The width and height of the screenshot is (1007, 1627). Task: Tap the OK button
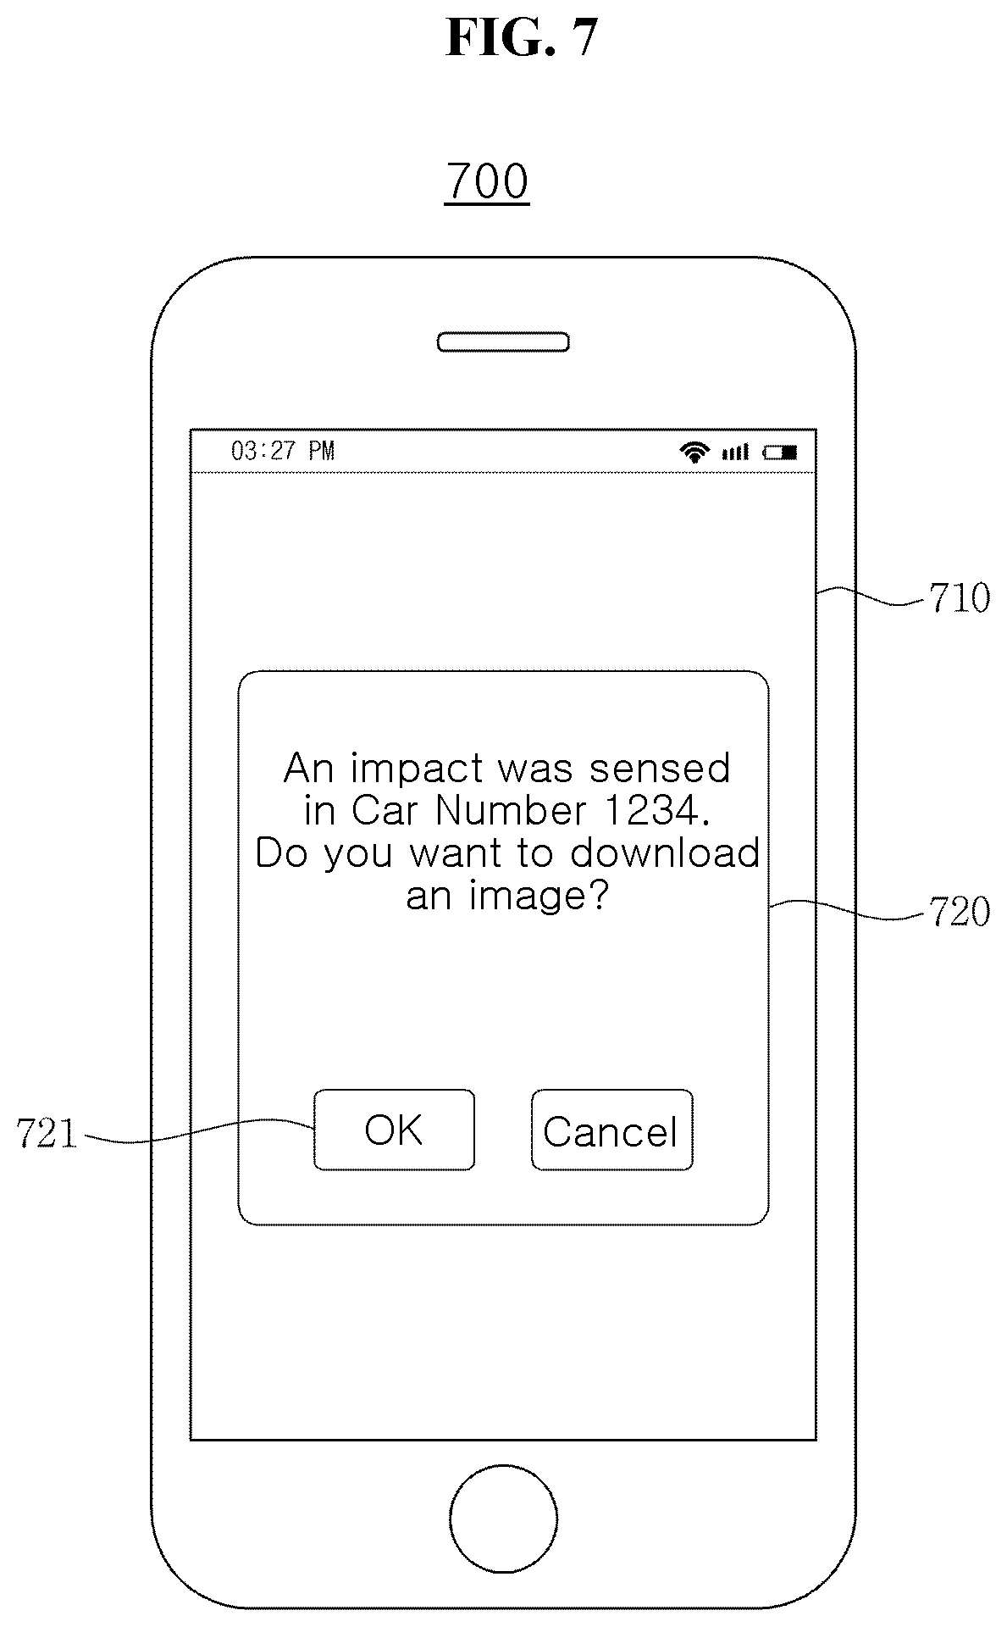(x=394, y=1130)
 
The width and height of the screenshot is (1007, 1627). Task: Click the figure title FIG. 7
(x=522, y=38)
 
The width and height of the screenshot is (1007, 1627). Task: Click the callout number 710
(x=959, y=598)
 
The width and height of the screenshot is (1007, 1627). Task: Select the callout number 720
(x=959, y=912)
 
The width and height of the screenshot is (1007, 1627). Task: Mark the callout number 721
(x=47, y=1134)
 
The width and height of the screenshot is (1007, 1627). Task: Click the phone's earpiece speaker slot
(x=503, y=342)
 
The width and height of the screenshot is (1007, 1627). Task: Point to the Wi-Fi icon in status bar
(x=694, y=452)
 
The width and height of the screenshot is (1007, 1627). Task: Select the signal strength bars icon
(x=735, y=453)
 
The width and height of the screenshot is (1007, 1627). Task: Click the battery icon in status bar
(x=780, y=453)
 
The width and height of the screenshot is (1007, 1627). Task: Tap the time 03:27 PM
(x=283, y=451)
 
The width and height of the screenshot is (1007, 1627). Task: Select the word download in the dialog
(x=665, y=852)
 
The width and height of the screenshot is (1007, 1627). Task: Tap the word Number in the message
(x=511, y=811)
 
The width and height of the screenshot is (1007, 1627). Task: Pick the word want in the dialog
(x=457, y=853)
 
